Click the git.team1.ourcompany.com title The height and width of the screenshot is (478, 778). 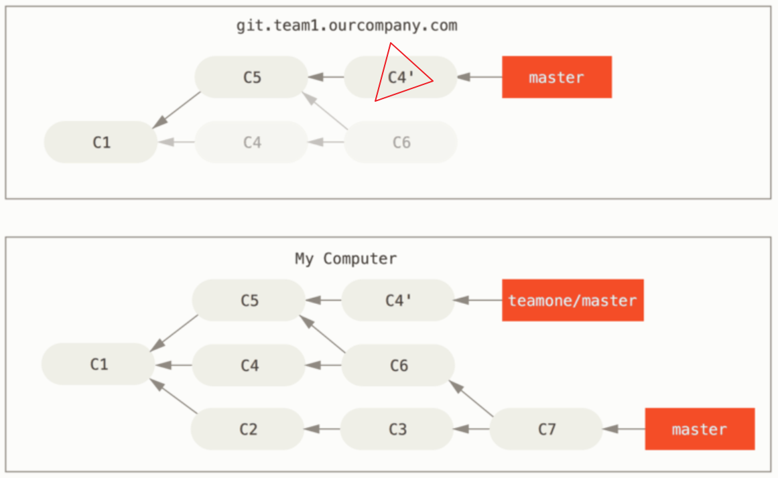point(346,26)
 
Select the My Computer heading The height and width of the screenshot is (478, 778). point(346,258)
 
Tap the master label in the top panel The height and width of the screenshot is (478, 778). point(556,78)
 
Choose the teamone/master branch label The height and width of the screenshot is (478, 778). point(572,301)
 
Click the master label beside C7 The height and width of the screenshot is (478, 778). point(699,429)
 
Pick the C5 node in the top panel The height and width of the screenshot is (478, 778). point(251,77)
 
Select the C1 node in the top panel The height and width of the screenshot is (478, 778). point(101,142)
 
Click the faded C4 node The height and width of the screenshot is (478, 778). point(251,142)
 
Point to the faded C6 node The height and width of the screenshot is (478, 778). point(401,142)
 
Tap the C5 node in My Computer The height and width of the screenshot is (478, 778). point(249,301)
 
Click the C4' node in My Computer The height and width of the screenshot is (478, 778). point(398,301)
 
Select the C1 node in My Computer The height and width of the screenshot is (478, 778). point(99,364)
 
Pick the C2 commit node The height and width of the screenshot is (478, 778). point(248,429)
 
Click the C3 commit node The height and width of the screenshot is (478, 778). point(397,429)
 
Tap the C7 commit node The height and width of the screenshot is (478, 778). point(547,429)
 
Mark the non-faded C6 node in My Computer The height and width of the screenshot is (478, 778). point(398,366)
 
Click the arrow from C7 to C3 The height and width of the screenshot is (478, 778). point(472,429)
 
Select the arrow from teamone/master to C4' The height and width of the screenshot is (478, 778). point(478,301)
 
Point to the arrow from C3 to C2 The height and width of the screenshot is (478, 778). point(322,429)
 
